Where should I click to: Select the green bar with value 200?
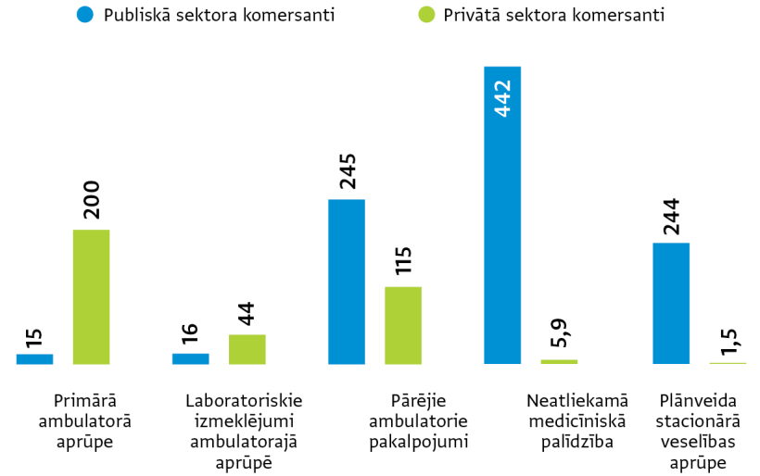(91, 296)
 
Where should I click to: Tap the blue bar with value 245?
(346, 282)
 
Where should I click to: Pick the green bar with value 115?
(403, 325)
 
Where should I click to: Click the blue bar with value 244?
(671, 303)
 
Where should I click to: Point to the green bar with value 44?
(247, 349)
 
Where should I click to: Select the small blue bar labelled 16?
(190, 358)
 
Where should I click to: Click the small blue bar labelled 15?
(34, 358)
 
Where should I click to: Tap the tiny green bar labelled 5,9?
(559, 361)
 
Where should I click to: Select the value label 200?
(91, 199)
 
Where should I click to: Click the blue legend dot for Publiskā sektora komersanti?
(85, 15)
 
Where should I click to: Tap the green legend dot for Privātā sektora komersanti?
(426, 15)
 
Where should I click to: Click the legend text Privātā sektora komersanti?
(554, 15)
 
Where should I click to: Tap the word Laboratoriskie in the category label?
(244, 401)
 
